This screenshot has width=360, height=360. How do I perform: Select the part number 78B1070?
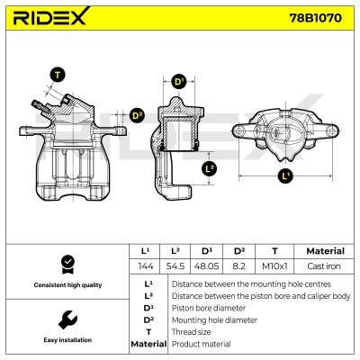(x=314, y=17)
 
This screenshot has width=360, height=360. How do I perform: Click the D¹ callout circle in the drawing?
(x=178, y=82)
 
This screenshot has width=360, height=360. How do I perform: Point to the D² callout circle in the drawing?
(x=138, y=115)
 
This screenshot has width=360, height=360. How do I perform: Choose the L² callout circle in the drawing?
(x=209, y=167)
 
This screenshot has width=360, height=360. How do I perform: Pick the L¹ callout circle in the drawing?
(x=284, y=175)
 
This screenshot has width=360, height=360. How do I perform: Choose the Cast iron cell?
(x=325, y=267)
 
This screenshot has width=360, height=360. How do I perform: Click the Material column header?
(x=325, y=251)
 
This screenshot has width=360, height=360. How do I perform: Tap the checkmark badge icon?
(x=65, y=263)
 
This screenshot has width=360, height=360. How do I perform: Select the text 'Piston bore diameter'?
(x=209, y=307)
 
